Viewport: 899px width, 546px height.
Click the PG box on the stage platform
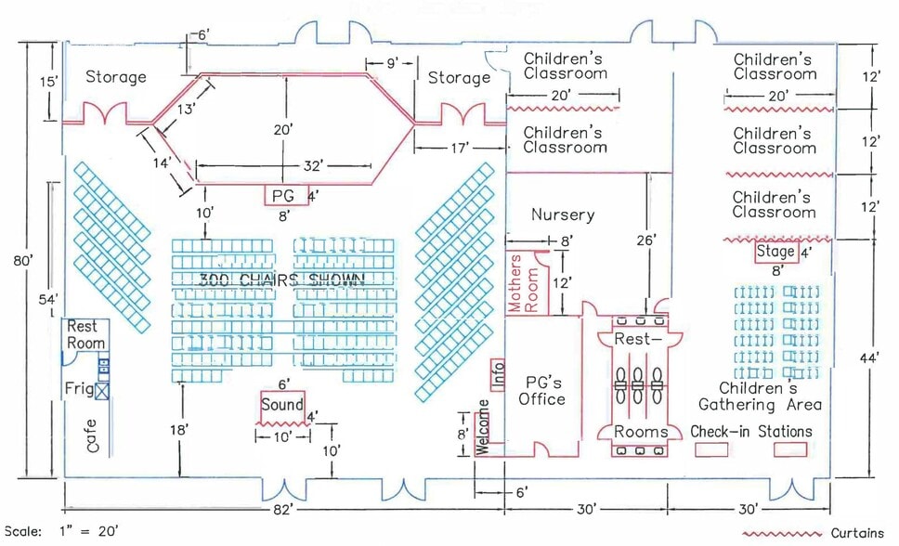pos(281,196)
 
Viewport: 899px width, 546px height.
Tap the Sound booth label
pos(281,405)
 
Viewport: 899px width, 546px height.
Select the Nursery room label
pos(562,215)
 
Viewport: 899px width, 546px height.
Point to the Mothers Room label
pos(517,282)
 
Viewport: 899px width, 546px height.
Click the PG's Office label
pos(543,390)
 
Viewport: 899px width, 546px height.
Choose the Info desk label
pos(499,373)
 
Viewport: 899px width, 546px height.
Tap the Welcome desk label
pos(483,427)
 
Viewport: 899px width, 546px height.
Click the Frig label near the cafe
pos(79,387)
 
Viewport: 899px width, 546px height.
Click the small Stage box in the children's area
pos(775,252)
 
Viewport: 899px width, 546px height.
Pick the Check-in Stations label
pos(751,432)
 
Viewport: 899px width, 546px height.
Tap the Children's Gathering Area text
pos(759,396)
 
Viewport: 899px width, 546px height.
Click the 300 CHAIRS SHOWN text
pos(281,279)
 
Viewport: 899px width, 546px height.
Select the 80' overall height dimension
pos(23,261)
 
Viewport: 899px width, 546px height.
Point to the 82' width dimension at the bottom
pos(282,510)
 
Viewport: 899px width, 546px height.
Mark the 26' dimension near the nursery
pos(647,240)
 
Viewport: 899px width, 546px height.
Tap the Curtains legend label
pos(857,534)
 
